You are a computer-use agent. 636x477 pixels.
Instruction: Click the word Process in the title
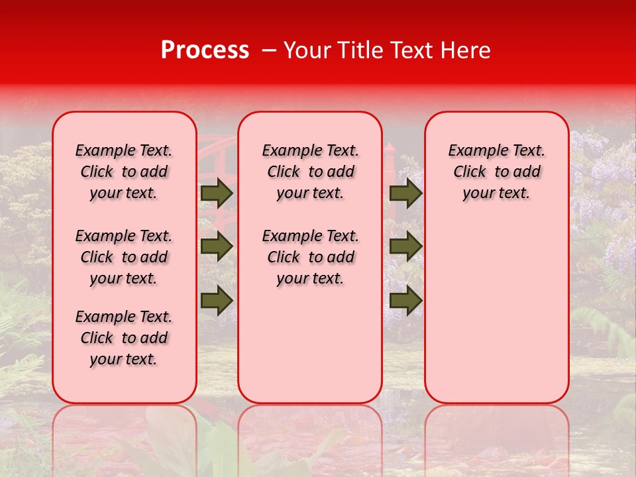pyautogui.click(x=205, y=50)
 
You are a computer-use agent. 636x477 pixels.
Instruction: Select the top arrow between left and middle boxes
pyautogui.click(x=217, y=193)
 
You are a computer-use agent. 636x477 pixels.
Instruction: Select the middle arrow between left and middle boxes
pyautogui.click(x=217, y=246)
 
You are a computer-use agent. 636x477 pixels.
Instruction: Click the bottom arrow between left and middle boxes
pyautogui.click(x=217, y=300)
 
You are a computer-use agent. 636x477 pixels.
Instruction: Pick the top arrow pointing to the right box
pyautogui.click(x=405, y=193)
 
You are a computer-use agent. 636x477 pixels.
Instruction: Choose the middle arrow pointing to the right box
pyautogui.click(x=405, y=246)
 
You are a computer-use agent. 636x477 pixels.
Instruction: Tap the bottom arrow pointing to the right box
pyautogui.click(x=405, y=300)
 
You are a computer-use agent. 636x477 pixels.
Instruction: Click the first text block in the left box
pyautogui.click(x=124, y=172)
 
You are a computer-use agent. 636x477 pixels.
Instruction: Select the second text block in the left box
pyautogui.click(x=124, y=257)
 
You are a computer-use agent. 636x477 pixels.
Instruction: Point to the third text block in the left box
pyautogui.click(x=124, y=338)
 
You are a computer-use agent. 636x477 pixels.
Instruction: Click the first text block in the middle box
pyautogui.click(x=310, y=172)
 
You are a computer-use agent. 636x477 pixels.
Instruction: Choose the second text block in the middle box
pyautogui.click(x=310, y=257)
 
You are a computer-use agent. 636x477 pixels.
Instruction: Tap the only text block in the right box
pyautogui.click(x=496, y=172)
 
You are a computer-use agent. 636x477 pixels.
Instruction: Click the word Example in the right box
pyautogui.click(x=476, y=150)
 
